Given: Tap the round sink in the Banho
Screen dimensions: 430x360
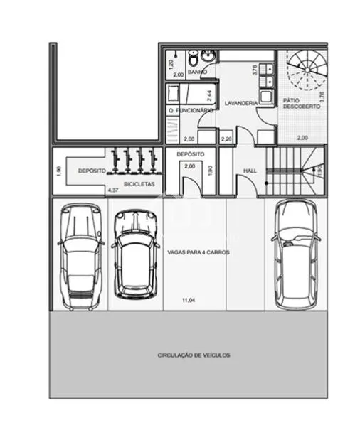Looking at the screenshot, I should tap(207, 57).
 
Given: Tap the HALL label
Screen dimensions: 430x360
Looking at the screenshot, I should tap(250, 171).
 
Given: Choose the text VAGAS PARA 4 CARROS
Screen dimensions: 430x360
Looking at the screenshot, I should tap(198, 252).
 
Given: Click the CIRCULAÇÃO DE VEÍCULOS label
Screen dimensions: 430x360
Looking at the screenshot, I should tap(194, 355).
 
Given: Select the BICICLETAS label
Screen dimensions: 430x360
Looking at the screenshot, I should tap(138, 184).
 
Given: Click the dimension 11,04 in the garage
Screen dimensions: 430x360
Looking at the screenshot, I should tap(189, 301).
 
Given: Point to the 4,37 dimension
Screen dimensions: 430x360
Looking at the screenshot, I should tap(112, 190).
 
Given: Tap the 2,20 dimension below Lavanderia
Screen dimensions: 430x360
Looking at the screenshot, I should tap(227, 139).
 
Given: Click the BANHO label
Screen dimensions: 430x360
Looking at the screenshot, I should tap(198, 72).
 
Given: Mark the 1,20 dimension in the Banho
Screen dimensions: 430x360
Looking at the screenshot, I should tap(171, 64).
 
